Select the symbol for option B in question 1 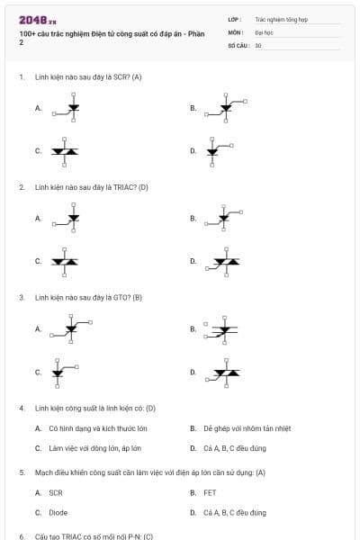click(x=221, y=108)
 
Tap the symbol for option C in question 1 click(x=64, y=150)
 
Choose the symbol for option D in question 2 click(x=223, y=261)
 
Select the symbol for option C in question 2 click(x=64, y=261)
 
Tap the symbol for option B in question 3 click(x=221, y=329)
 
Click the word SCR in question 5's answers click(x=56, y=492)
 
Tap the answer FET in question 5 click(x=210, y=492)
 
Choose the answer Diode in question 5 click(x=58, y=512)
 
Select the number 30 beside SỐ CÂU click(x=258, y=44)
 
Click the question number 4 click(x=21, y=408)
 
